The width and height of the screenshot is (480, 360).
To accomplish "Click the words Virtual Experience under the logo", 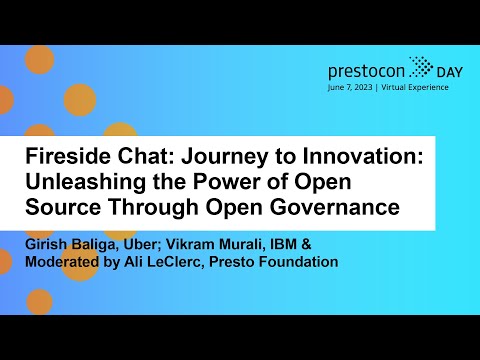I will [x=414, y=87].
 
